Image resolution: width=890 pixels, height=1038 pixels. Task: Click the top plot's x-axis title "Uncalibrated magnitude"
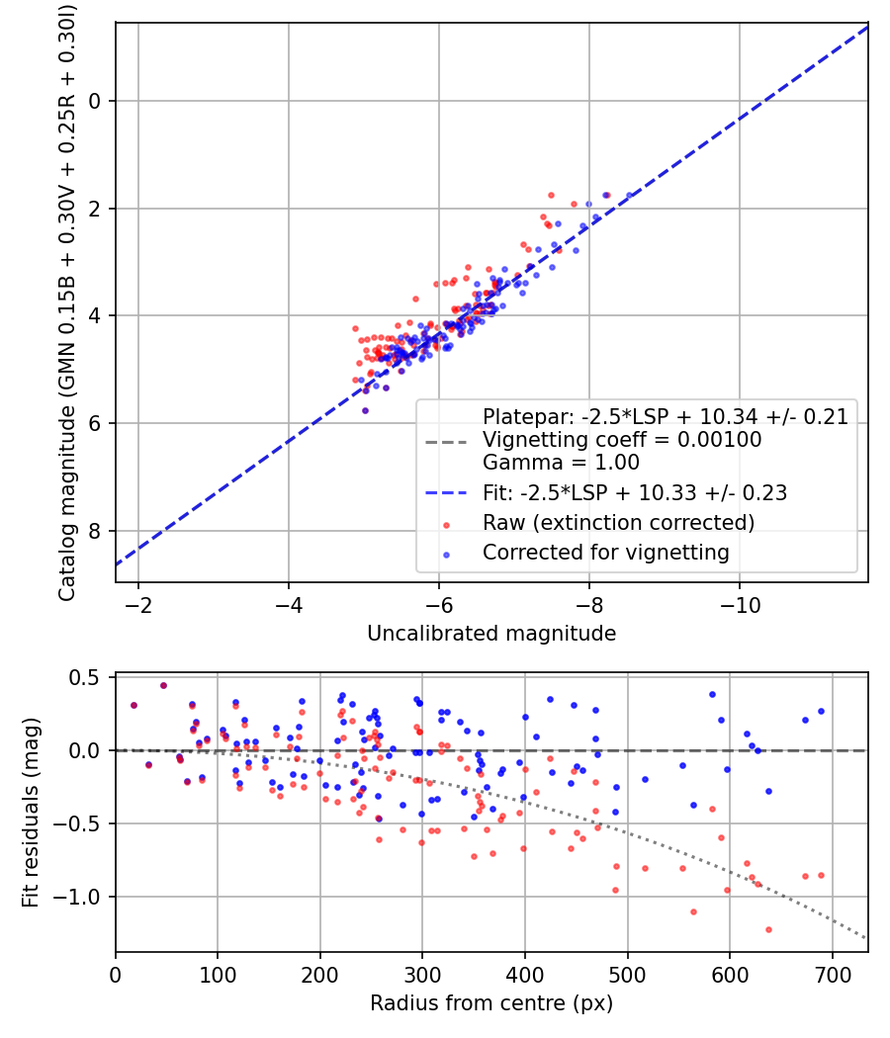(491, 634)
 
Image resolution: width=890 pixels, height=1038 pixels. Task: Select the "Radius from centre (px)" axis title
(491, 1003)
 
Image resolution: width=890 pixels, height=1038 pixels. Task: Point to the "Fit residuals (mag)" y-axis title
(31, 813)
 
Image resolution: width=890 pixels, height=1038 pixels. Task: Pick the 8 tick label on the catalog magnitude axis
(96, 531)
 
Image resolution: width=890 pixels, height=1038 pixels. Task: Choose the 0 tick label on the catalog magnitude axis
(96, 101)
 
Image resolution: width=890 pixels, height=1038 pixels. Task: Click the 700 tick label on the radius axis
(832, 976)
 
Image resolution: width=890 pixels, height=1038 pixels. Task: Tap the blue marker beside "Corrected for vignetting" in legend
(447, 554)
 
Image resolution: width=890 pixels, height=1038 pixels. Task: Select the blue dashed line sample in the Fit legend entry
(447, 492)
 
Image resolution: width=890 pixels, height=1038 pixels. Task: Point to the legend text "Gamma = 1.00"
(561, 463)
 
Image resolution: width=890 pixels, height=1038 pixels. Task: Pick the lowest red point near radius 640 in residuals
(768, 929)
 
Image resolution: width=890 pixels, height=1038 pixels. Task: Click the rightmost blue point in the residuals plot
(821, 711)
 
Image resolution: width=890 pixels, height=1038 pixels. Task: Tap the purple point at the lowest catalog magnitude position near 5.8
(365, 410)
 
